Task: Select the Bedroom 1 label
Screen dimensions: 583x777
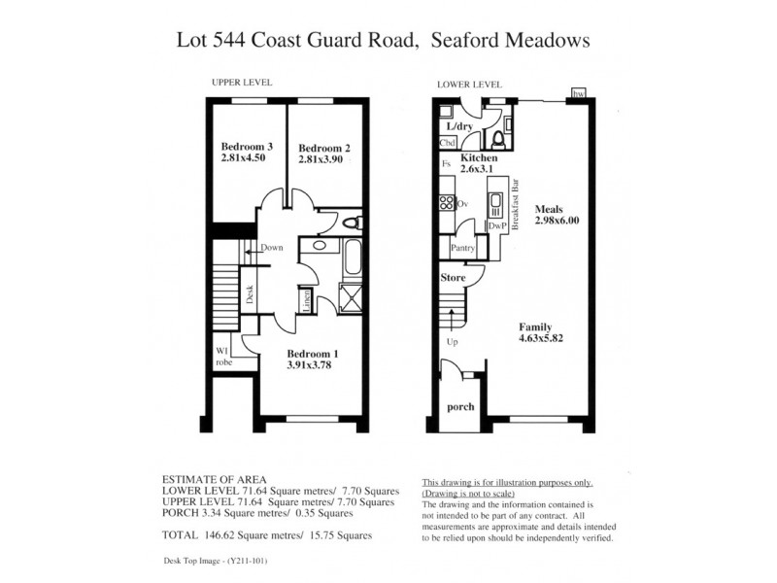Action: coord(313,353)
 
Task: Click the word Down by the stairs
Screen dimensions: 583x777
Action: coord(271,248)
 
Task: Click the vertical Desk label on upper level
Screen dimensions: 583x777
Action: coord(249,292)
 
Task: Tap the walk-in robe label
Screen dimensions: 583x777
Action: coord(224,357)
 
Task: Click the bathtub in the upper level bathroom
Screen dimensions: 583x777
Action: coord(351,260)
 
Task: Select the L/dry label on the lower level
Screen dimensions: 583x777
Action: coord(458,127)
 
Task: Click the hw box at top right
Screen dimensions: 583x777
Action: coord(579,94)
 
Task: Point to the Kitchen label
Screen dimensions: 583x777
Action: coord(479,157)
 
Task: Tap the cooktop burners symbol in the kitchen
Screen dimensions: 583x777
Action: coord(448,203)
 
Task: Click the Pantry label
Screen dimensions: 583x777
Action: coord(462,249)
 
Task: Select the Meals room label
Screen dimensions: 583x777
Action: coord(550,208)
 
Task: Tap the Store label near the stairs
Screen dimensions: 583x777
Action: coord(454,278)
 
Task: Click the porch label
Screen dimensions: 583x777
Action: coord(459,406)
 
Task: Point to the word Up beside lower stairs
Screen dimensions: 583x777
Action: coord(452,342)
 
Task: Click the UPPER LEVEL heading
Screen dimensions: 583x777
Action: coord(242,83)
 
